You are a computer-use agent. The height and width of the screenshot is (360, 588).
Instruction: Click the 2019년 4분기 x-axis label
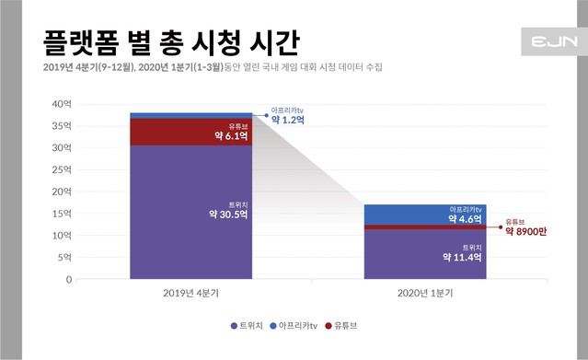(x=191, y=293)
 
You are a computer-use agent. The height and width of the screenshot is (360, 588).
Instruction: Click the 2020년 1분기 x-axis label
(x=425, y=293)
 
